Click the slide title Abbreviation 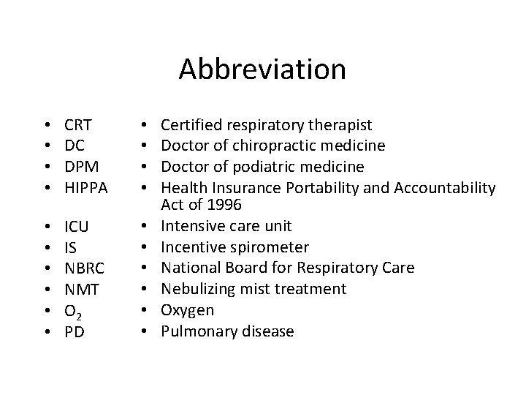pos(262,69)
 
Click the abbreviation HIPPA pos(86,188)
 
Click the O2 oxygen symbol pos(75,312)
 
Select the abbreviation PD pos(74,332)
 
